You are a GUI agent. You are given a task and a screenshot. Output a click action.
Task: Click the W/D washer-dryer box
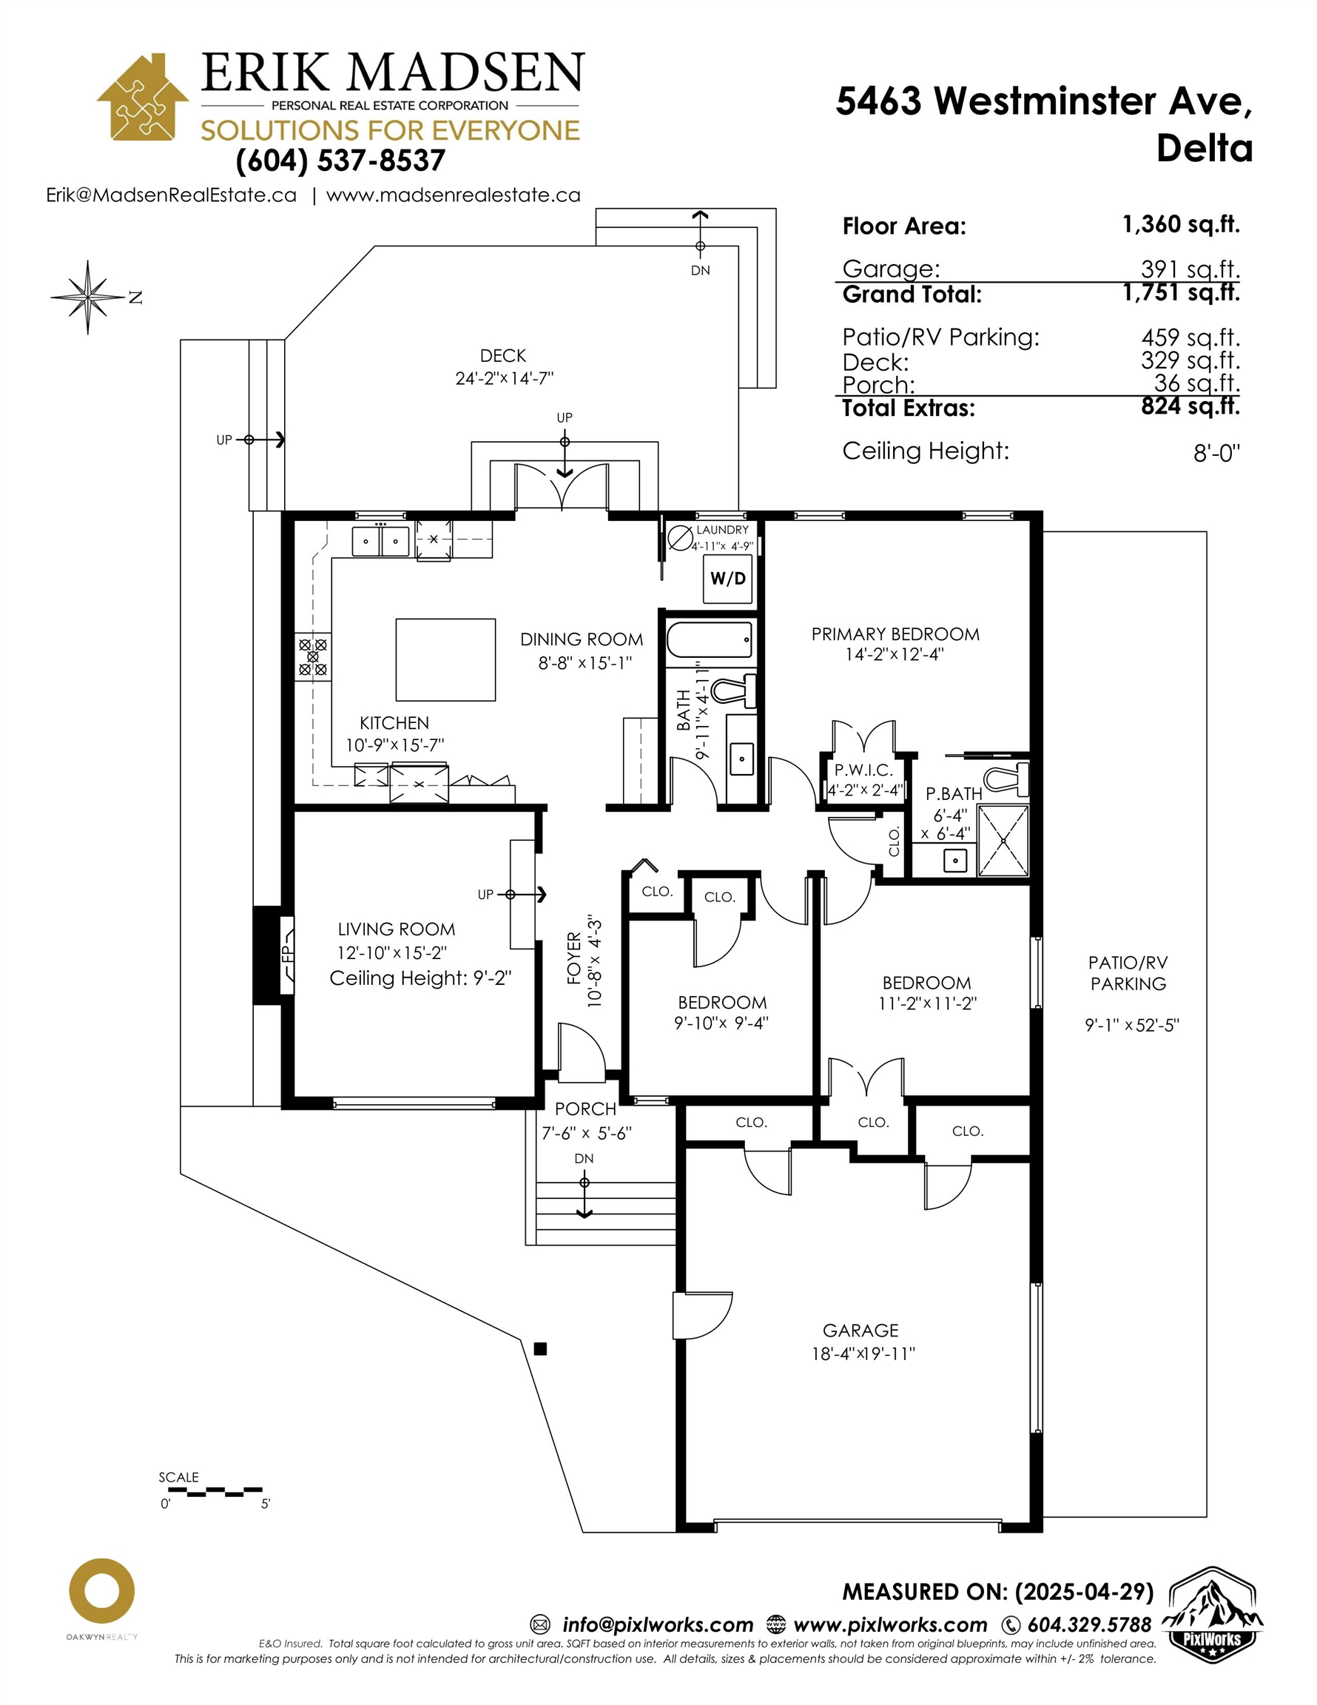[727, 579]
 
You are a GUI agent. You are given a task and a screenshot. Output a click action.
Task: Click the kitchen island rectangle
[445, 659]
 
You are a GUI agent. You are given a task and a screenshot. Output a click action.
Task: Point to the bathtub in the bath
[710, 640]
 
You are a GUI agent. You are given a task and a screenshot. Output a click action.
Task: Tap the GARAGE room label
[860, 1331]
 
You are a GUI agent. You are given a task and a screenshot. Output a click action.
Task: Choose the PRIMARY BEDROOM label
[895, 634]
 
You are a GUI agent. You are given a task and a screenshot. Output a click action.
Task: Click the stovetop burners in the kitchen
[312, 656]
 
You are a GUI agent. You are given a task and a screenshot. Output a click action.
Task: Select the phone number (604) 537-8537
[340, 161]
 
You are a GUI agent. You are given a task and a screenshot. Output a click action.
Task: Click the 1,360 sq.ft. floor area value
[1180, 225]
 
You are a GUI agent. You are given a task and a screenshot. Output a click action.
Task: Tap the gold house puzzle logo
[142, 98]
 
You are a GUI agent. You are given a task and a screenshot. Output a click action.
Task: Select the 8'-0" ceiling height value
[1216, 453]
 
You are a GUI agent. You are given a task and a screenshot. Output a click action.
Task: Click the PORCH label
[585, 1109]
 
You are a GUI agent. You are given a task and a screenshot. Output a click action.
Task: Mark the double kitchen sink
[380, 541]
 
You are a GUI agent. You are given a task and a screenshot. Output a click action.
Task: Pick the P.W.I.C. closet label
[863, 770]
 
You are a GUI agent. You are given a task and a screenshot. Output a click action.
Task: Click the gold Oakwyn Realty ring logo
[101, 1590]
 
